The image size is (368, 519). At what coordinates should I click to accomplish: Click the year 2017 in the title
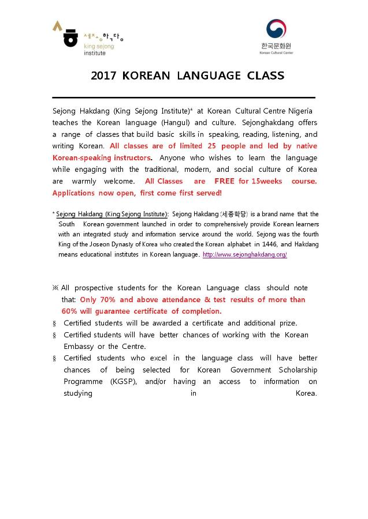pyautogui.click(x=104, y=76)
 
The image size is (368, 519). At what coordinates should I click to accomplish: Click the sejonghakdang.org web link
pyautogui.click(x=244, y=254)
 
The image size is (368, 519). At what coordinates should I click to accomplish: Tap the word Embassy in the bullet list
pyautogui.click(x=78, y=347)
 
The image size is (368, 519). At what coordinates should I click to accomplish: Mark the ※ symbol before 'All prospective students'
pyautogui.click(x=55, y=288)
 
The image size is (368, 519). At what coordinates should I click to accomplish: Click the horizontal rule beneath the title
pyautogui.click(x=184, y=97)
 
